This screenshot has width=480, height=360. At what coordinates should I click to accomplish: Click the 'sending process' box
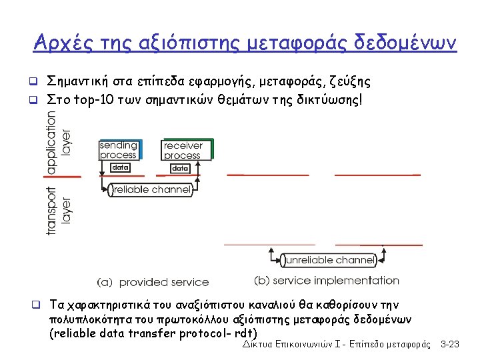[x=119, y=150]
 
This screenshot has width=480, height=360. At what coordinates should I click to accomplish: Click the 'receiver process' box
[x=183, y=150]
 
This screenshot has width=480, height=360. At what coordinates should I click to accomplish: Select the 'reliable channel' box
[x=151, y=190]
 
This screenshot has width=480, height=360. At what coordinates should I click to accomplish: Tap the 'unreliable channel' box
[x=328, y=260]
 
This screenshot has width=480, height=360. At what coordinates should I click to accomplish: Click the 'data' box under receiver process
[x=180, y=169]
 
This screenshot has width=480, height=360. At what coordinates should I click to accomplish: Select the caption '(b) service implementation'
[x=327, y=281]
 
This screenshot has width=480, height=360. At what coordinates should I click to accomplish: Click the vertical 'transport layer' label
[x=59, y=209]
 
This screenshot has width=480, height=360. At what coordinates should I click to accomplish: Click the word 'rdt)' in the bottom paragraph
[x=246, y=333]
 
